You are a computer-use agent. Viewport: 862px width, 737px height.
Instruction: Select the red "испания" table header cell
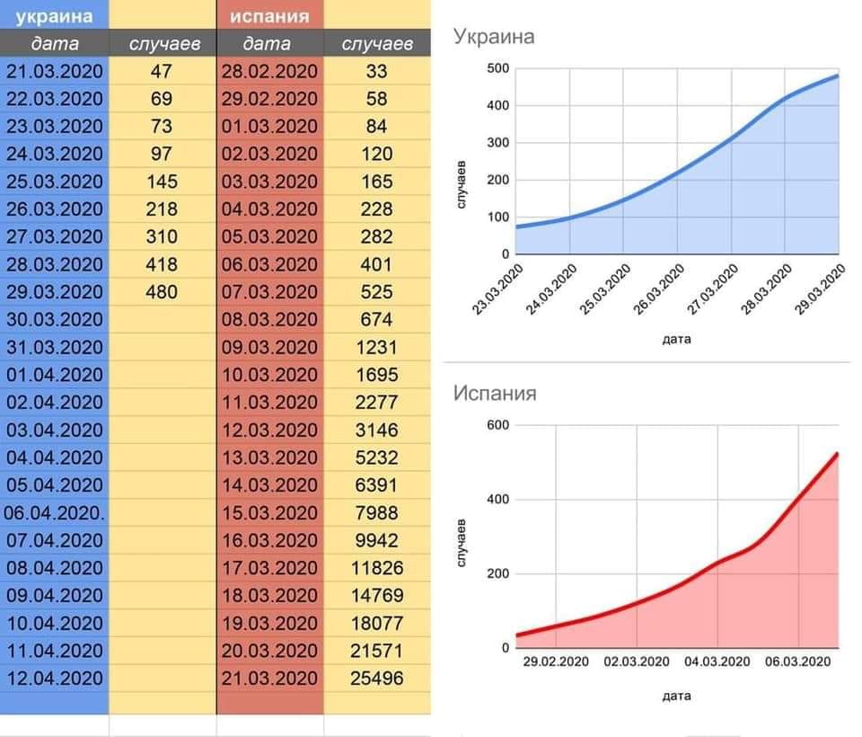tap(269, 15)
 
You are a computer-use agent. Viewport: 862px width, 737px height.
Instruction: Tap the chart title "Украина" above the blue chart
tap(494, 37)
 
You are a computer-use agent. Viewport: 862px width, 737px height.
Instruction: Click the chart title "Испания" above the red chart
tap(495, 393)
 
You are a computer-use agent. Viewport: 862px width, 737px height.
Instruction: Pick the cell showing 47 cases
tap(163, 71)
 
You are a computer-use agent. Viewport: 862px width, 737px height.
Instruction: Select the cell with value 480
tap(163, 292)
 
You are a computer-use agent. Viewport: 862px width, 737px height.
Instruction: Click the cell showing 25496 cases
tap(377, 678)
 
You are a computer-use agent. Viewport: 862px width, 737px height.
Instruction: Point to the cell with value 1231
tap(377, 347)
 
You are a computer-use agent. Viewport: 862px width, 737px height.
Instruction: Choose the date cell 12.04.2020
tap(55, 678)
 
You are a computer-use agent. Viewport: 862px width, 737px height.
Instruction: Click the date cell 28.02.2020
tap(269, 71)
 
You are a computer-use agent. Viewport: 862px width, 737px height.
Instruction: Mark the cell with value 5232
tap(377, 457)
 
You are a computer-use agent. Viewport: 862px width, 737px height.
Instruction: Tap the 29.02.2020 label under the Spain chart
tap(556, 662)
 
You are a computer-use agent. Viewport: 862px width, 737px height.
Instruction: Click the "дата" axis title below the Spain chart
tap(676, 696)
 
